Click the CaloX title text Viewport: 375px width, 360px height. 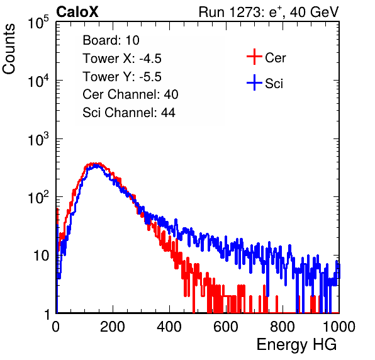[x=77, y=12]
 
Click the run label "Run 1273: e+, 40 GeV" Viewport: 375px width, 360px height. [x=269, y=12]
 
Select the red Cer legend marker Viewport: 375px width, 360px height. [x=254, y=57]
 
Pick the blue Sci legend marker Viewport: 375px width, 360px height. [x=254, y=82]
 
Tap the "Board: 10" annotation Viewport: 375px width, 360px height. [x=111, y=40]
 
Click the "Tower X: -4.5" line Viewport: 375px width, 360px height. [x=122, y=59]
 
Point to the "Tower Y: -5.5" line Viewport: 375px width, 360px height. [x=122, y=77]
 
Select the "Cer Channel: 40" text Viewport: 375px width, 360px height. [x=130, y=94]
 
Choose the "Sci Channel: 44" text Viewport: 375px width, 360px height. [x=129, y=113]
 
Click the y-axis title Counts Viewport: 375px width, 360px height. [x=9, y=49]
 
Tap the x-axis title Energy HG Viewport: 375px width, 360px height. [x=296, y=345]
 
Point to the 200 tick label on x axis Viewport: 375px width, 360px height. [x=113, y=327]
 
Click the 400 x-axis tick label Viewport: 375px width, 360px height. [x=169, y=327]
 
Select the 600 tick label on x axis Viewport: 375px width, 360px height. [x=226, y=327]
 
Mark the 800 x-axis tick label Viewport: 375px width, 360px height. [x=283, y=327]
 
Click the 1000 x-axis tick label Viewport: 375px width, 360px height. [x=339, y=327]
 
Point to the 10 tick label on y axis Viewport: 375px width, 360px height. [x=42, y=256]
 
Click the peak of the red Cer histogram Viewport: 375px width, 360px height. [x=94, y=164]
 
